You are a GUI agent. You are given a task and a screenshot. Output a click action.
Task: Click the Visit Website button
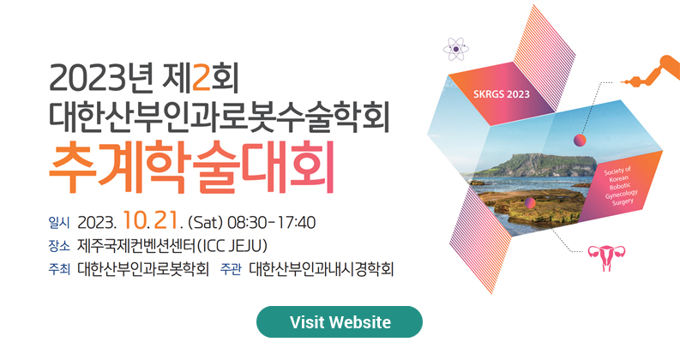tap(340, 321)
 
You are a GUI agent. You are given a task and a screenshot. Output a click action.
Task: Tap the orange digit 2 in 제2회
tap(201, 77)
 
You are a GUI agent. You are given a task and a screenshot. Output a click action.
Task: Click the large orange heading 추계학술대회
tap(191, 167)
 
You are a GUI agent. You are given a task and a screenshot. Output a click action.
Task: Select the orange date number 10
tap(135, 220)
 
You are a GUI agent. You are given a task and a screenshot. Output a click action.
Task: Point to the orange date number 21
tap(165, 220)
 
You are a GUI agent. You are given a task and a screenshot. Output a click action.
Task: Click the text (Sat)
tap(205, 223)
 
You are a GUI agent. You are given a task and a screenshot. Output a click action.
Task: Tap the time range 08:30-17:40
tap(272, 223)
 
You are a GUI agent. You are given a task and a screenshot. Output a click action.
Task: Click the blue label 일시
tap(59, 223)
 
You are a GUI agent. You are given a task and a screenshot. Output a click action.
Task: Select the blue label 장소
tap(59, 246)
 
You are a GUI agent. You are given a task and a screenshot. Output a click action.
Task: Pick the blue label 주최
tap(59, 269)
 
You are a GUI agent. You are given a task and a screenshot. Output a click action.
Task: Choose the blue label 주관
tap(231, 269)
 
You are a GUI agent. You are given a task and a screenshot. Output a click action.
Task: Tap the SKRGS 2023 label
tap(502, 94)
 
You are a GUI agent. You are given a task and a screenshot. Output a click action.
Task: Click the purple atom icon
tap(456, 49)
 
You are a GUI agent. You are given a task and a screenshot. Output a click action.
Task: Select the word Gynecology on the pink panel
tap(622, 194)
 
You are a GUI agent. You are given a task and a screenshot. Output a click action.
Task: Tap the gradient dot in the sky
tap(580, 140)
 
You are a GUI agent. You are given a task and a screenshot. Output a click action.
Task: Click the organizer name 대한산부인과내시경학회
tap(322, 269)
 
